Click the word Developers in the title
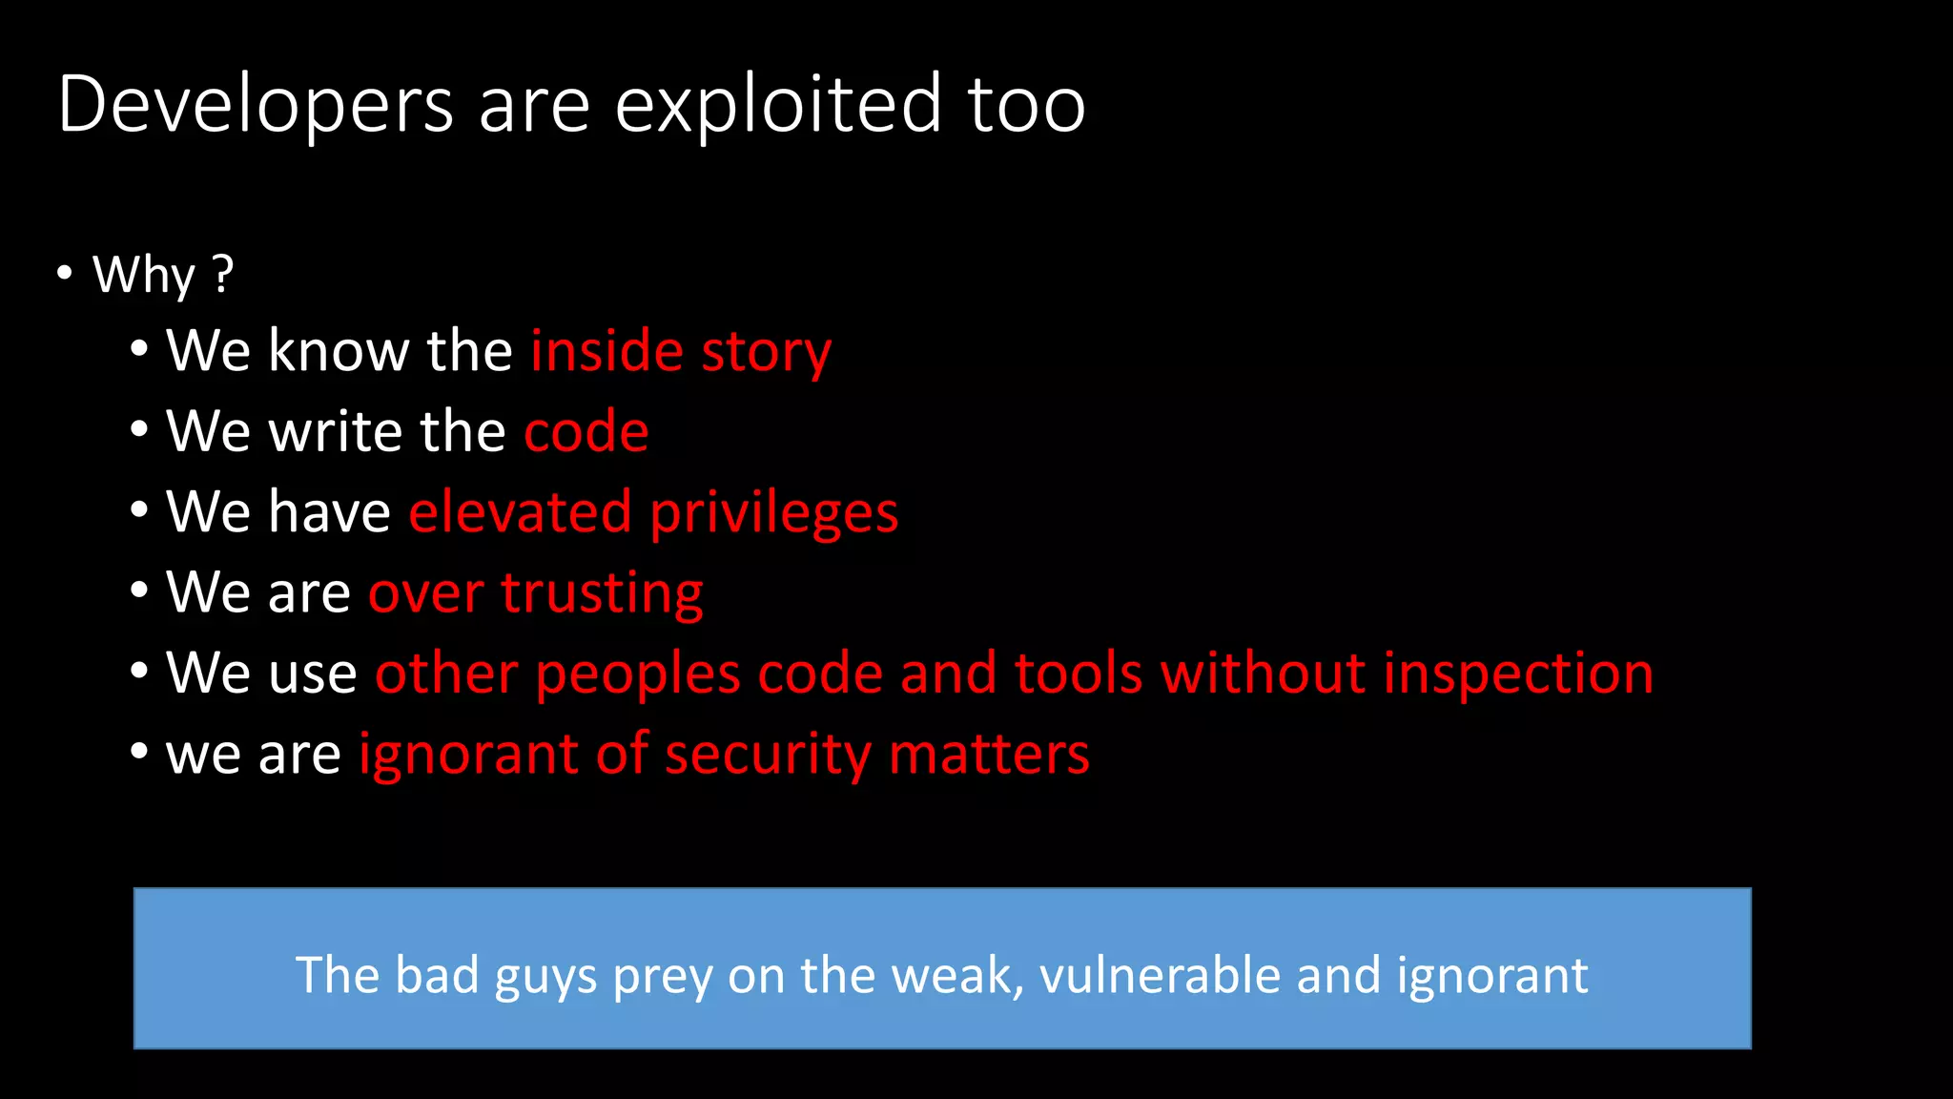(256, 105)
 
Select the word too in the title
(1026, 105)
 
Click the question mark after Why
(223, 275)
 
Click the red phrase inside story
(681, 351)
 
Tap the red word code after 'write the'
(586, 431)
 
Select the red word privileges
(773, 513)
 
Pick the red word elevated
(520, 512)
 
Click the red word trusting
(602, 593)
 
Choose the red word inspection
(1518, 674)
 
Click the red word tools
(1079, 674)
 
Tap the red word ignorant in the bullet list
(467, 755)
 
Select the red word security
(768, 755)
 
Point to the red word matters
(989, 755)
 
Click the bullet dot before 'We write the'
(139, 430)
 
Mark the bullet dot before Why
(65, 274)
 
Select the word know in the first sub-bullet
(339, 351)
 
